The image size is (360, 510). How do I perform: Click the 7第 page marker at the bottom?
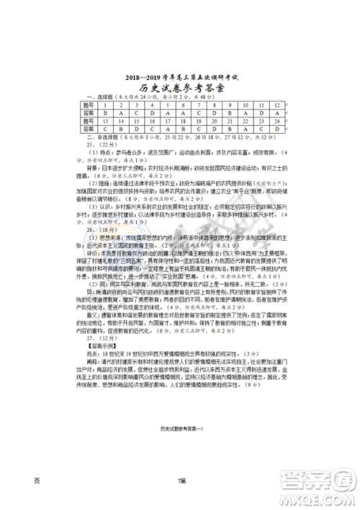click(x=181, y=481)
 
